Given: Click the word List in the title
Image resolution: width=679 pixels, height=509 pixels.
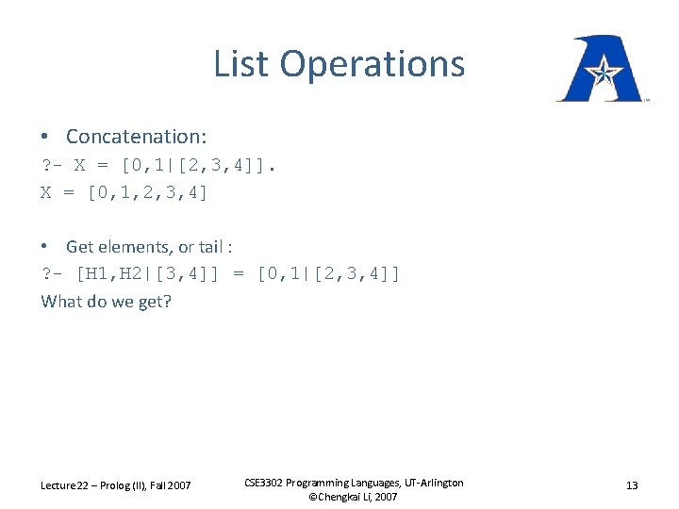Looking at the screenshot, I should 242,64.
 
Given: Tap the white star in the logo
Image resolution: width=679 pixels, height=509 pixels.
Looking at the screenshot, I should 601,69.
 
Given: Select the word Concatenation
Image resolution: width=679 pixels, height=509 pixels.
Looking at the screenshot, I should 136,137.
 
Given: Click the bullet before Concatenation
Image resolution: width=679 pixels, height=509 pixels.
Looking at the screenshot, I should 46,137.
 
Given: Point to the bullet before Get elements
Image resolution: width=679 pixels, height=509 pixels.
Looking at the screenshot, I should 46,247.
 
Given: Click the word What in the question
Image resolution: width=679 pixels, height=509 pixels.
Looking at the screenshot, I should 61,302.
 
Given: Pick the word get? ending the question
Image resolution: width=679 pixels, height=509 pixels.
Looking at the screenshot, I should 154,302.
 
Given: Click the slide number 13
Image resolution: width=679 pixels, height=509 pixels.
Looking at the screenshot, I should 632,485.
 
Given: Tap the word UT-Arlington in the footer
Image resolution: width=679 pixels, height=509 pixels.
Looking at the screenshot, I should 430,483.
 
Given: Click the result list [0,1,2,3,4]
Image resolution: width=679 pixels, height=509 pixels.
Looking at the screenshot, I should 147,193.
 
